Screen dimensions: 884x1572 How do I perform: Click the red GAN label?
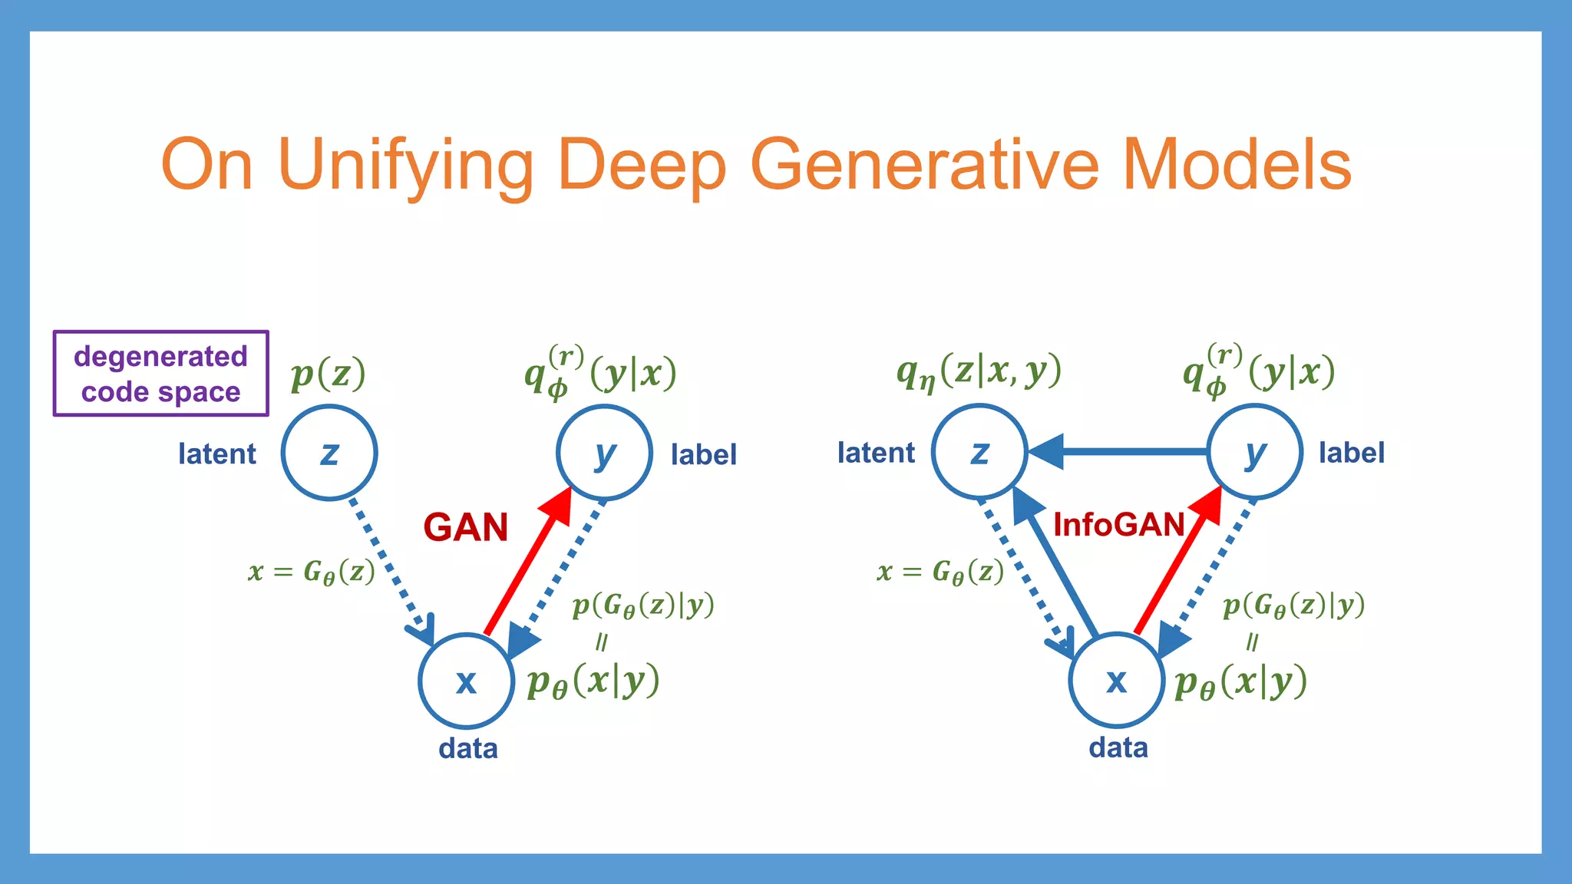465,528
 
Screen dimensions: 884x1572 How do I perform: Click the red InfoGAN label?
1118,526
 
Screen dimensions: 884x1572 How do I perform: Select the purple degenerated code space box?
160,374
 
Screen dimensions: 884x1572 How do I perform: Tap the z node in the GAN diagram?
329,453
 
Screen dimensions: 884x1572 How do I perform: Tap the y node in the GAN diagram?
604,453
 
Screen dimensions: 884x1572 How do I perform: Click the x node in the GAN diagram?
466,681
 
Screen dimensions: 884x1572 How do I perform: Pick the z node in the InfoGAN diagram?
979,451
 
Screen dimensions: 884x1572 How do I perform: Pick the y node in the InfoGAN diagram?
1254,451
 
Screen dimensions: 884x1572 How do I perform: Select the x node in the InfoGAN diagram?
1117,680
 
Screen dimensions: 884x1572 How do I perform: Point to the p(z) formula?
328,374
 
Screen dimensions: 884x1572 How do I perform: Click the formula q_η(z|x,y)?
979,373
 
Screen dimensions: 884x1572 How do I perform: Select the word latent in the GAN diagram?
216,454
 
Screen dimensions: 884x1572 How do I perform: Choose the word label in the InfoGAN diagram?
1351,453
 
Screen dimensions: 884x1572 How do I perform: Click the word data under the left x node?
467,748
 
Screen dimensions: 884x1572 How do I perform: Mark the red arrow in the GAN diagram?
528,564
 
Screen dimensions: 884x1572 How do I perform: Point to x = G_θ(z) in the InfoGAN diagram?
940,572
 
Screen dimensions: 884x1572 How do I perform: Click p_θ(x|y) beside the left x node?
593,681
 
